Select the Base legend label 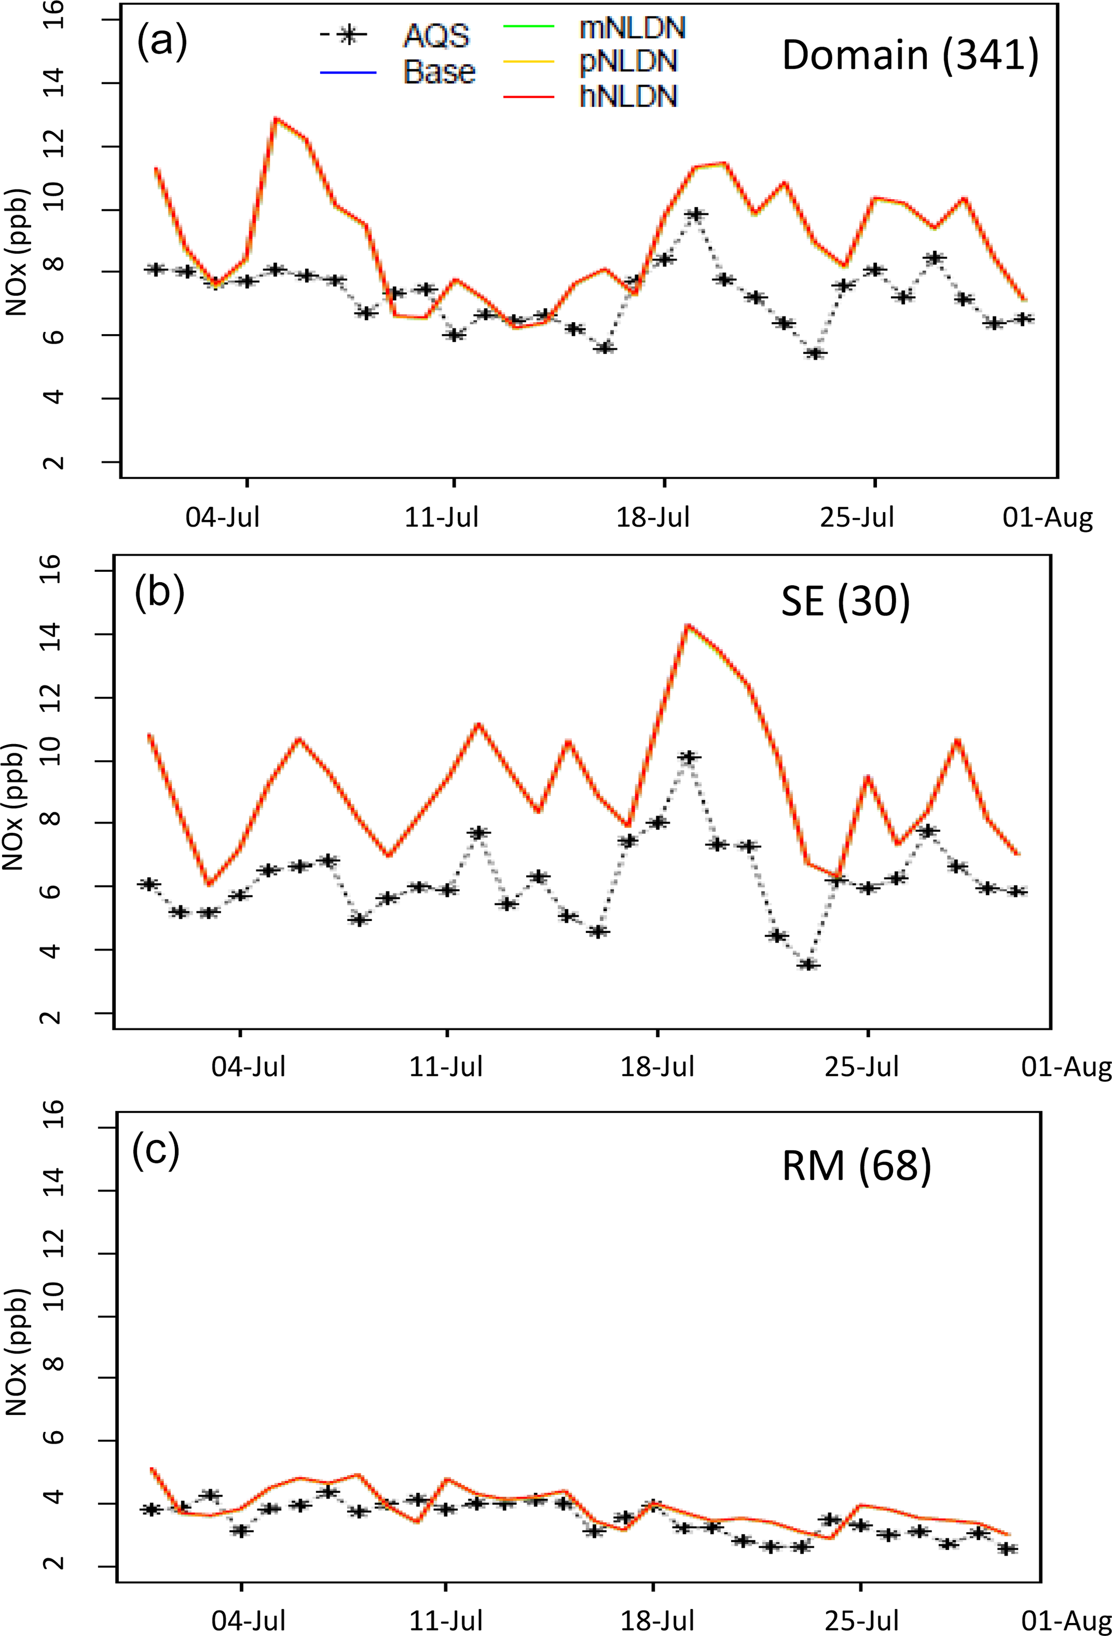[x=439, y=72]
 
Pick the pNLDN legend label [x=628, y=62]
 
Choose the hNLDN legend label [x=628, y=96]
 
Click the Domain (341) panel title [x=910, y=55]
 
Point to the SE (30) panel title [x=845, y=602]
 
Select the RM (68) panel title [x=856, y=1165]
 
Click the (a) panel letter [x=162, y=41]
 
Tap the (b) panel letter [x=159, y=592]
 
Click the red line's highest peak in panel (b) [x=688, y=625]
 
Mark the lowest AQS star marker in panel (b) [x=809, y=965]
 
